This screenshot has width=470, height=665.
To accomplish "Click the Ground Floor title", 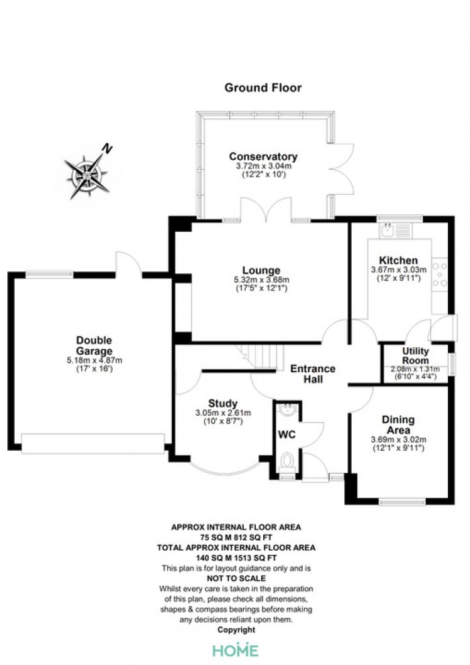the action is pyautogui.click(x=263, y=88).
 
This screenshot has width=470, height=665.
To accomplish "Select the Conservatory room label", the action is pyautogui.click(x=263, y=157).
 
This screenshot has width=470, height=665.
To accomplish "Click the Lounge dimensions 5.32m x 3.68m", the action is pyautogui.click(x=261, y=280).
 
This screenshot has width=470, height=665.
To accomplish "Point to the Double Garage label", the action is pyautogui.click(x=94, y=345).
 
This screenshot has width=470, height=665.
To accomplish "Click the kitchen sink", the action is pyautogui.click(x=387, y=230).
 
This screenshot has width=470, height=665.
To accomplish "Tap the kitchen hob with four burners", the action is pyautogui.click(x=440, y=275).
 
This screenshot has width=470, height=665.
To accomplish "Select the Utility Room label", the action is pyautogui.click(x=416, y=355).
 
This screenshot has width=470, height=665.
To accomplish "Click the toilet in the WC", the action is pyautogui.click(x=287, y=461).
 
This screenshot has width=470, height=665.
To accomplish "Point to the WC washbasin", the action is pyautogui.click(x=288, y=409).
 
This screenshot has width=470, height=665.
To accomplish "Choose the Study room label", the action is pyautogui.click(x=222, y=403).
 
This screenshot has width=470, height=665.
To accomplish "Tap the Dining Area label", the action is pyautogui.click(x=398, y=425).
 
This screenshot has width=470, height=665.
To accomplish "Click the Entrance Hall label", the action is pyautogui.click(x=313, y=373).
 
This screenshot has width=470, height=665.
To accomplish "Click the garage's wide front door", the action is pyautogui.click(x=93, y=443).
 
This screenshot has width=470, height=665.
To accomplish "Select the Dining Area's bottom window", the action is pyautogui.click(x=402, y=502).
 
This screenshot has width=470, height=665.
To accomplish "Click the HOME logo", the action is pyautogui.click(x=235, y=650).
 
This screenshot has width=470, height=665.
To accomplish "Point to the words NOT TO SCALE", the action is pyautogui.click(x=236, y=578).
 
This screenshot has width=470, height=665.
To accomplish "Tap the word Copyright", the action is pyautogui.click(x=236, y=630).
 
